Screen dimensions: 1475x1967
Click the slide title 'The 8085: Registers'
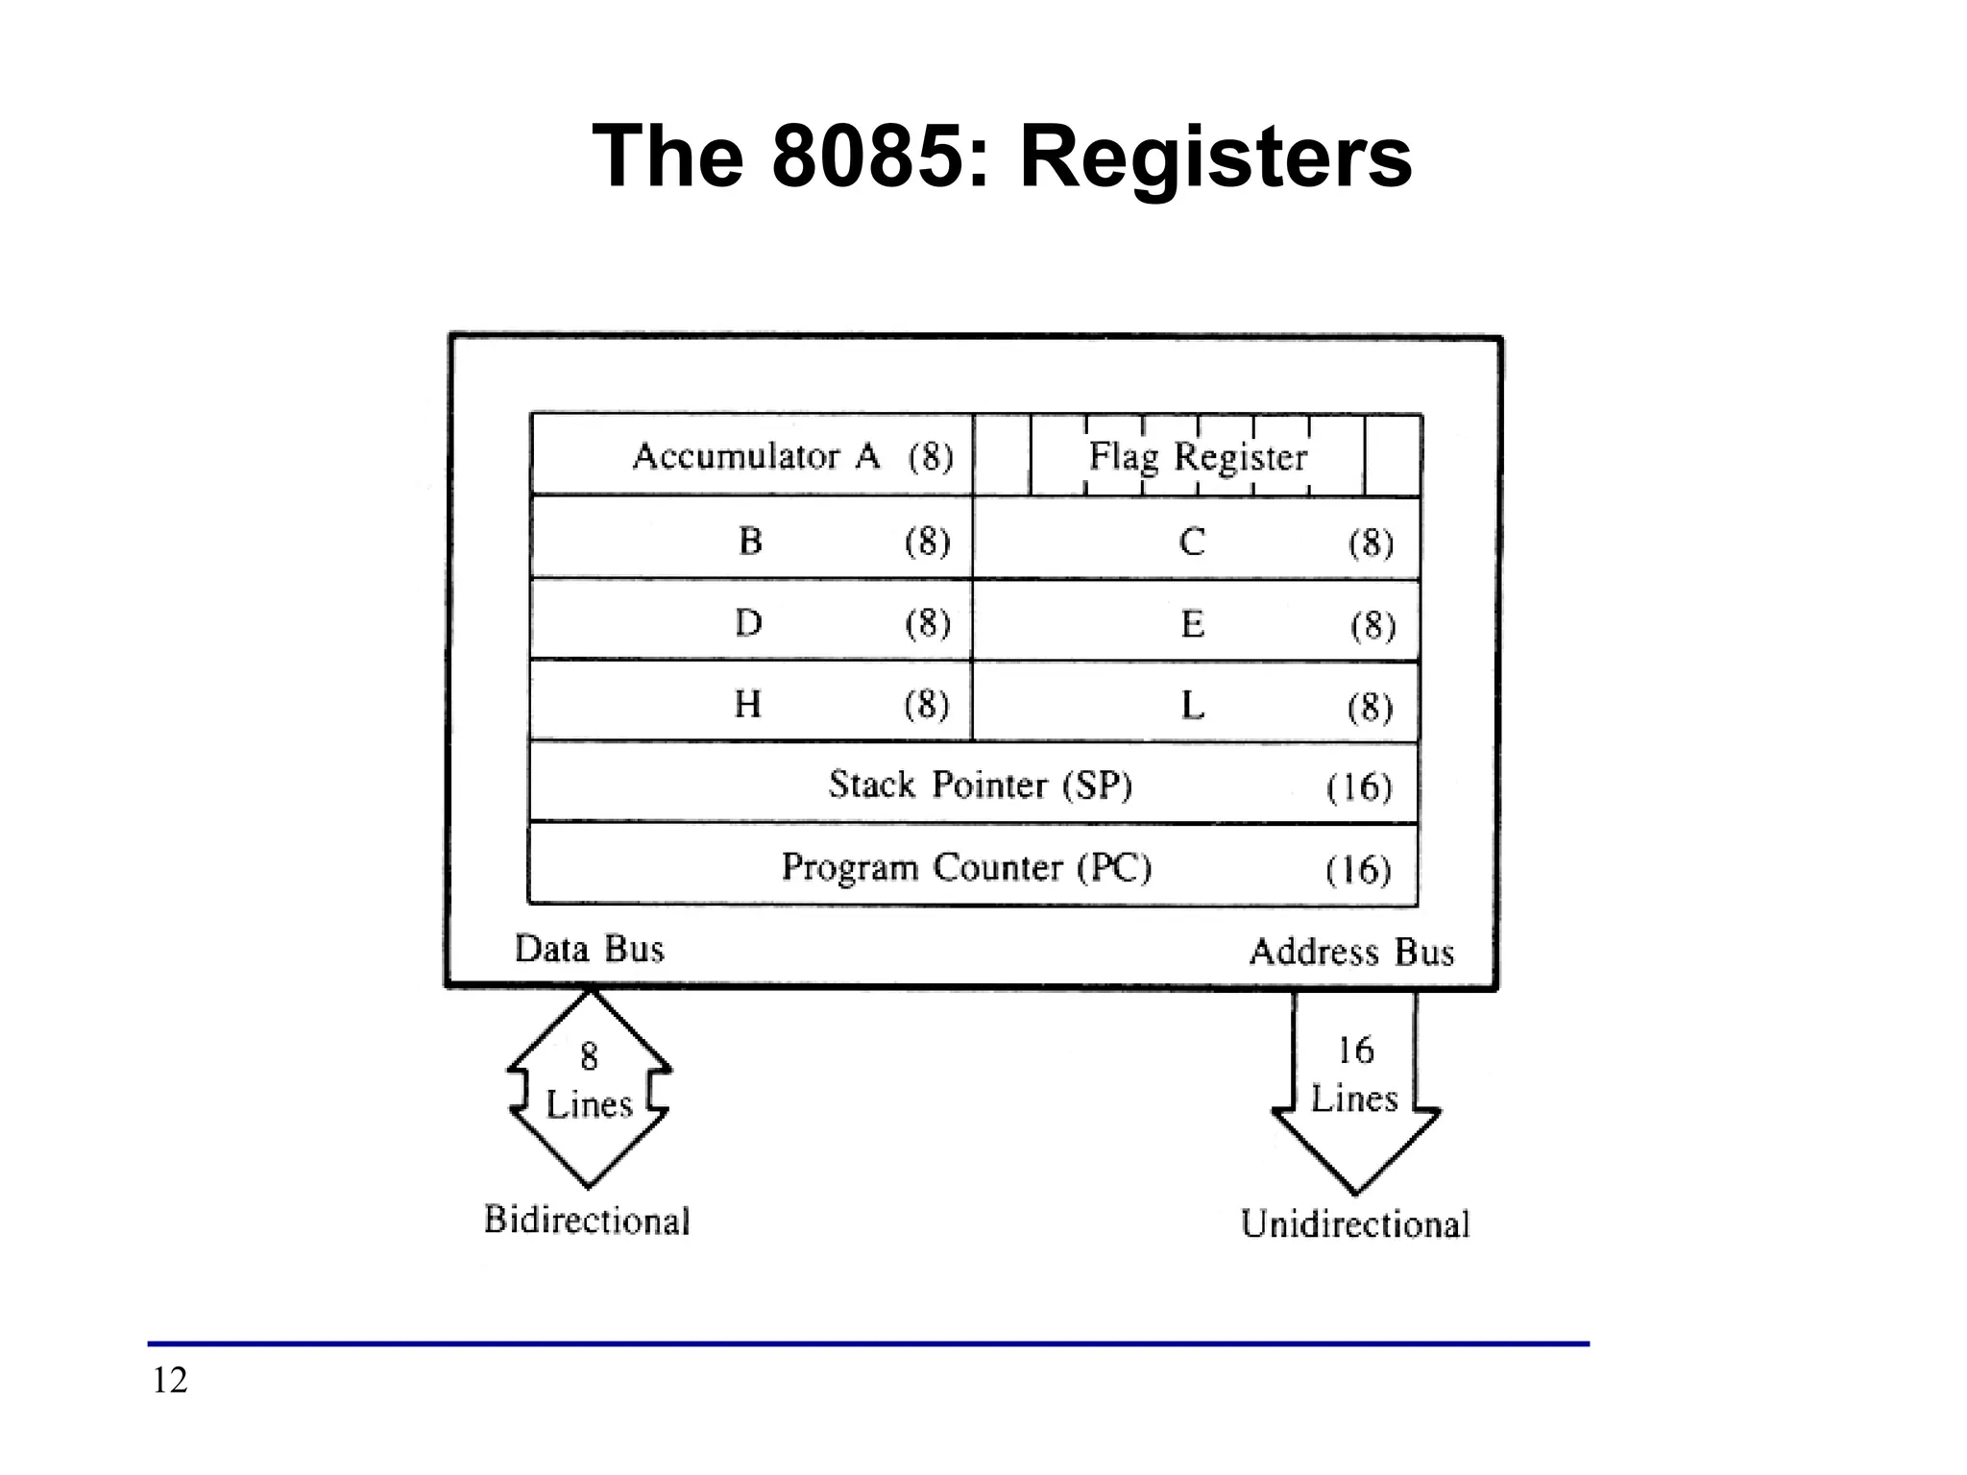point(1002,157)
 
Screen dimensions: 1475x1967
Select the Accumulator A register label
point(756,456)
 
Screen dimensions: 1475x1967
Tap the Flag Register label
point(1198,456)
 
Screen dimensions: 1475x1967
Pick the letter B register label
point(750,542)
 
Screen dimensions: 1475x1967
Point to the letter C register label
point(1191,543)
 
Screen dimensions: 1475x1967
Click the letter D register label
point(748,623)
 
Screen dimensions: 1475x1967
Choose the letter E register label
point(1192,625)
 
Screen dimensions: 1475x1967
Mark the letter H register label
point(747,705)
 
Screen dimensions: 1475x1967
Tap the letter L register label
point(1192,707)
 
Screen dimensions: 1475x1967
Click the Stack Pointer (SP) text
point(981,786)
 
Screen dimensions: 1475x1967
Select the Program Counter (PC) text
point(966,867)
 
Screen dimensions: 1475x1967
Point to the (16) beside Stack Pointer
point(1358,787)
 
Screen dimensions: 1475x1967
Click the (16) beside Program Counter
point(1358,870)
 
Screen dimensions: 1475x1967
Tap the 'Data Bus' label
point(589,949)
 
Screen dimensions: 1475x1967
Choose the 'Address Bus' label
point(1351,952)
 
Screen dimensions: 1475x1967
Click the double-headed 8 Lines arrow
point(589,1086)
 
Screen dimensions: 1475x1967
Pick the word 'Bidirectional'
point(587,1220)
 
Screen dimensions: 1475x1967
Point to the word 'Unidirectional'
point(1355,1224)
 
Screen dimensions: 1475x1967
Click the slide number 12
point(170,1380)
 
